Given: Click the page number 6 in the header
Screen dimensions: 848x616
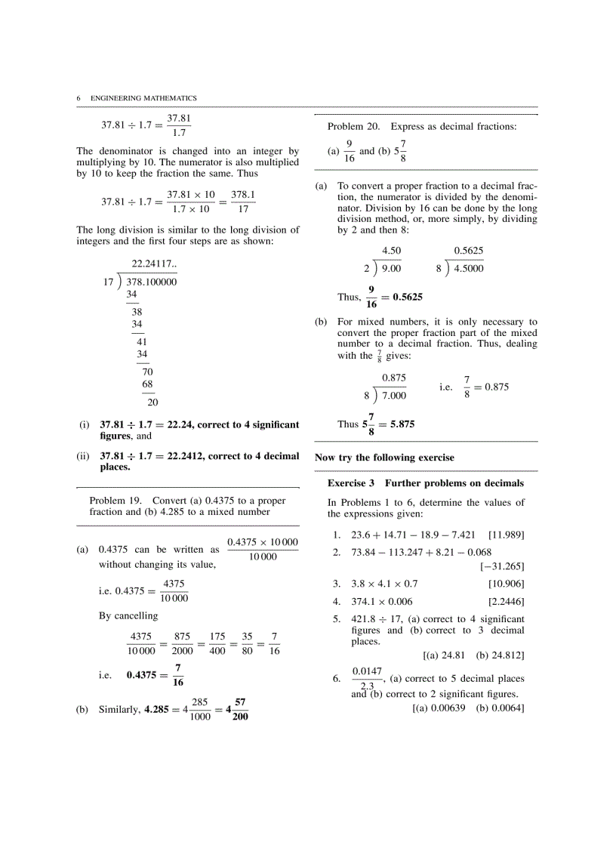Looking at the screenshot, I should tap(79, 98).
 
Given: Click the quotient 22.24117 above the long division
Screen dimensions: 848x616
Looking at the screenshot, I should tap(154, 264).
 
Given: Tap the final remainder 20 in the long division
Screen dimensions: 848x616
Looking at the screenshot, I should tap(152, 402).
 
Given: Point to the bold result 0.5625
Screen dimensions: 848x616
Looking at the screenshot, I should tap(408, 298).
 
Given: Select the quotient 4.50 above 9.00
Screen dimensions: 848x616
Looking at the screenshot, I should tap(391, 251).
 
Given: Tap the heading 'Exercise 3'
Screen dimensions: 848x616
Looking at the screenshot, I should tap(353, 483).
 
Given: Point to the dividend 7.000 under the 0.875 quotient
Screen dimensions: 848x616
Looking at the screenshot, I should tap(393, 395).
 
